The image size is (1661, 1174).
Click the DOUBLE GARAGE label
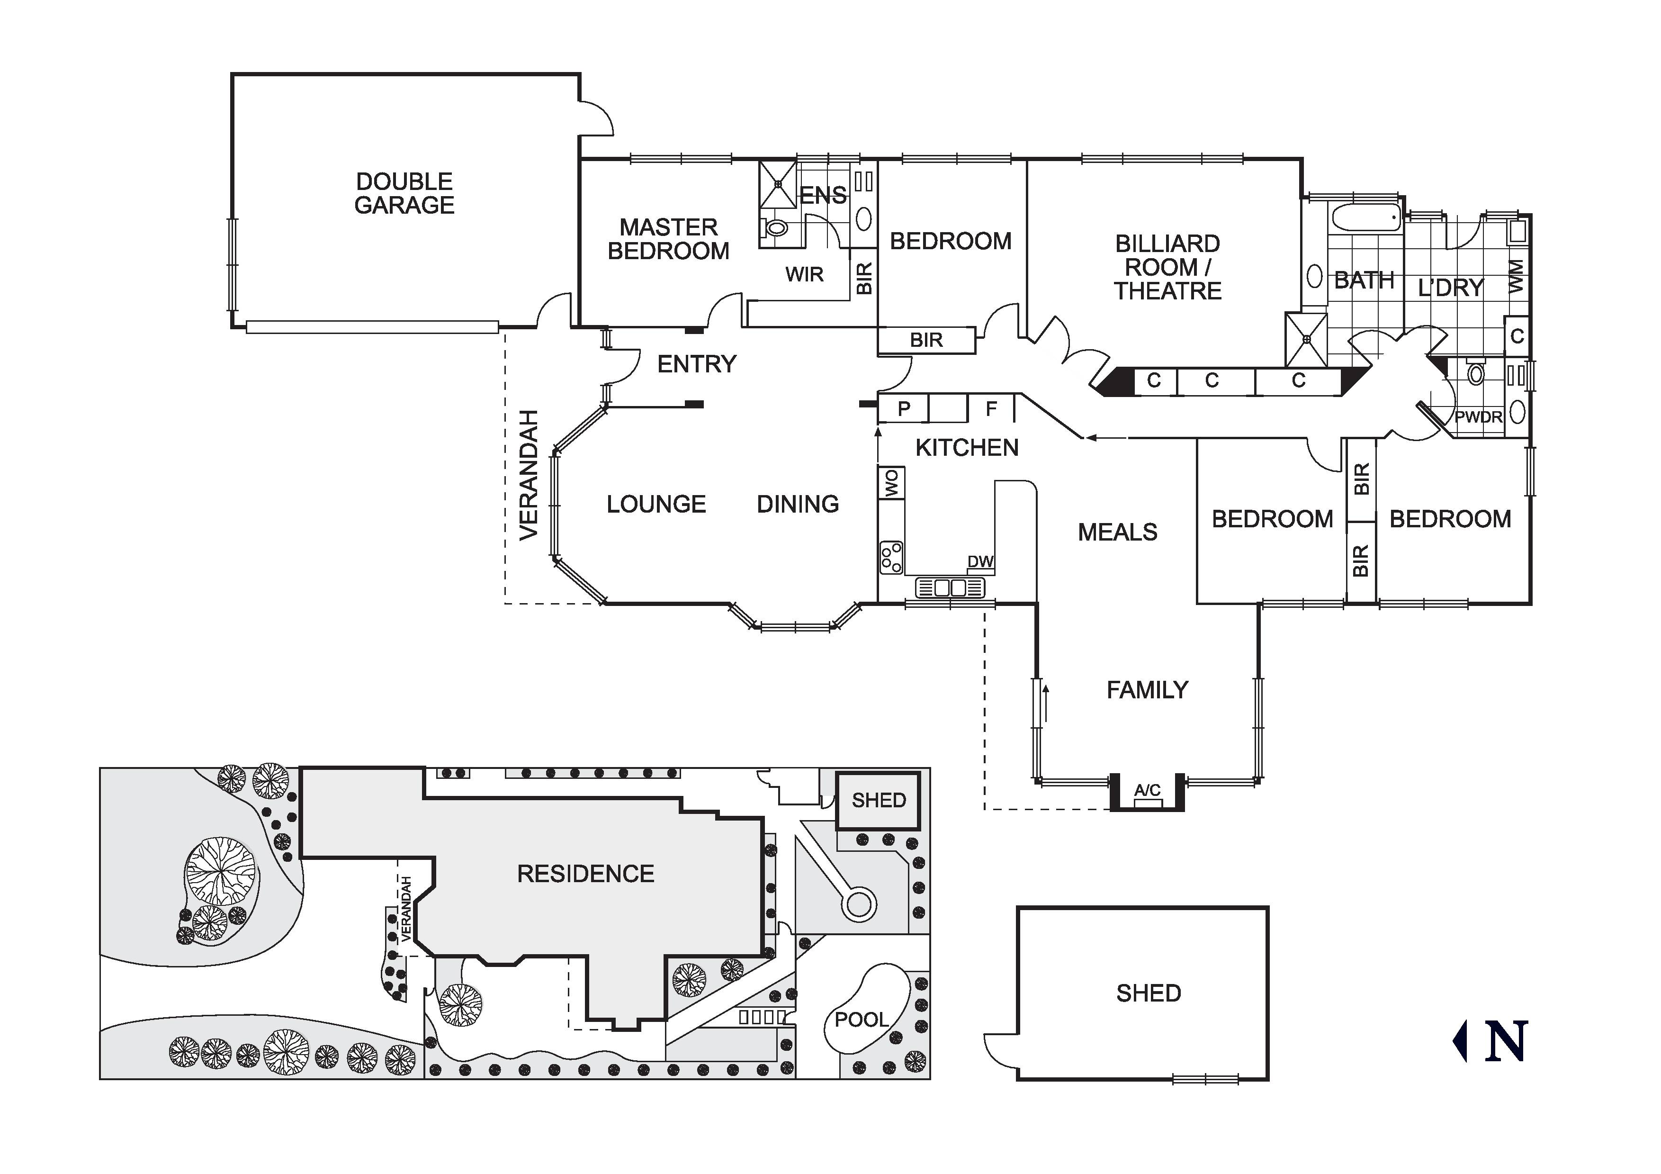click(404, 193)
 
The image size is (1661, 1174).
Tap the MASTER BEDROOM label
click(668, 239)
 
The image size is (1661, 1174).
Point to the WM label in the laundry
click(1517, 277)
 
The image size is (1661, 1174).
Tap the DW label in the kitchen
click(980, 562)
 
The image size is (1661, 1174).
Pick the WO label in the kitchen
click(891, 483)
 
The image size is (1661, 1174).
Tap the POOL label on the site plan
click(861, 1020)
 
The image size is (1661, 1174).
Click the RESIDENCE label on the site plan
click(585, 874)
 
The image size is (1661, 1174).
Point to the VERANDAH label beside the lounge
click(529, 475)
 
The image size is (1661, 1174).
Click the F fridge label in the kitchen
click(991, 409)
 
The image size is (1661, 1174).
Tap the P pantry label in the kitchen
click(904, 409)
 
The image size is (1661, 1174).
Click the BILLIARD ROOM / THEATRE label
click(1167, 267)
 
